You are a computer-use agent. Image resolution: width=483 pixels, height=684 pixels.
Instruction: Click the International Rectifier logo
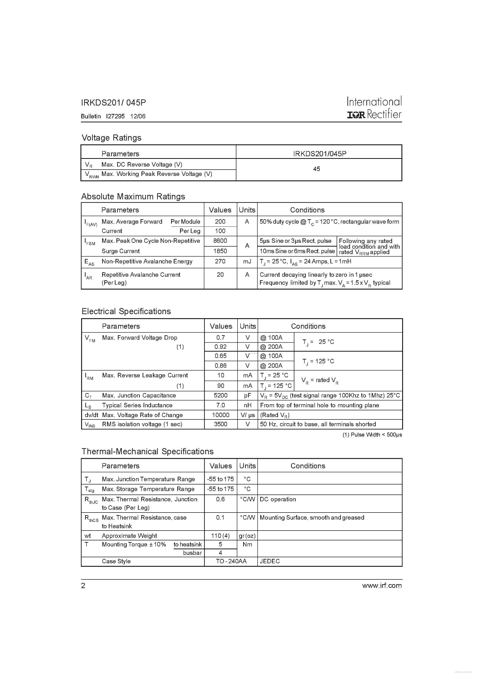click(x=374, y=108)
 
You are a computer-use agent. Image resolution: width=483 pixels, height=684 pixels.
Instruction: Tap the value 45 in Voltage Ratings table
click(x=317, y=169)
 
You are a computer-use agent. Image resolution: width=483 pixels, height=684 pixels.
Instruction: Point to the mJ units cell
click(x=247, y=261)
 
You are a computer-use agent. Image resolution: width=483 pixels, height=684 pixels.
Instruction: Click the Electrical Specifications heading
click(x=126, y=311)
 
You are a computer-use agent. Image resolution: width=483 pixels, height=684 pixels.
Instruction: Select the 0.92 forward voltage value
click(x=220, y=347)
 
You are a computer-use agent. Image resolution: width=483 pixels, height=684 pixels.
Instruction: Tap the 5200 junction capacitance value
click(x=220, y=395)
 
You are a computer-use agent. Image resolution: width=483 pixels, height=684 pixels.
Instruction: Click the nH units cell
click(x=247, y=405)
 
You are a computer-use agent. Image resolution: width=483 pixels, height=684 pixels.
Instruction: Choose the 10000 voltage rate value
click(x=220, y=415)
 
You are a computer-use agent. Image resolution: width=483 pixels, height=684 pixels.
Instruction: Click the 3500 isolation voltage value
click(x=220, y=424)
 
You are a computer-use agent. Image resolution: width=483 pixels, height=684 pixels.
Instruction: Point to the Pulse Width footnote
click(x=372, y=435)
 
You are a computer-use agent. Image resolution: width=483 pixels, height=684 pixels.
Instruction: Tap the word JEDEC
click(x=270, y=561)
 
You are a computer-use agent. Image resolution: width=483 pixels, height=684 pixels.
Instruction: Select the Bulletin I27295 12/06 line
click(x=113, y=116)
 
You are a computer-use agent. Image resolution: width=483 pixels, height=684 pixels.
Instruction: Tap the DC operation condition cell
click(x=278, y=499)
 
